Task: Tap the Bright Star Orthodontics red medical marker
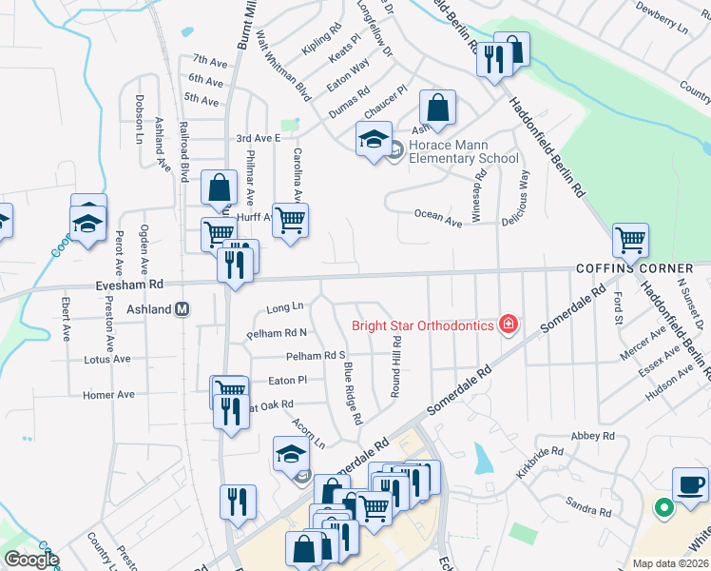coord(509,325)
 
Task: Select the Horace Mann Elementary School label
coord(464,152)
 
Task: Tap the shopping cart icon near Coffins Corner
coord(630,241)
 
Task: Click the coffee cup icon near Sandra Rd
coord(690,484)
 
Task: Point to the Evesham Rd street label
coord(129,284)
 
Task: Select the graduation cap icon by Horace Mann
coord(374,138)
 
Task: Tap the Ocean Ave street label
coord(438,218)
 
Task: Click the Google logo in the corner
coord(30,560)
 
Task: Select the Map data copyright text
coord(670,563)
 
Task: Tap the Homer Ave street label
coord(108,395)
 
